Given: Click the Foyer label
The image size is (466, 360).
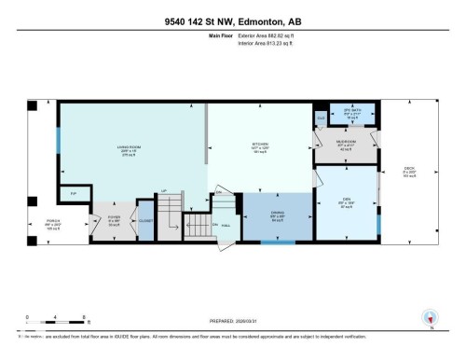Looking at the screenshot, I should coord(115,223).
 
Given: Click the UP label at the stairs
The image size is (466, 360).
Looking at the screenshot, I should coord(165,191).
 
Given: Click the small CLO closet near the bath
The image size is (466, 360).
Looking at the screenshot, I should coord(322,118).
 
